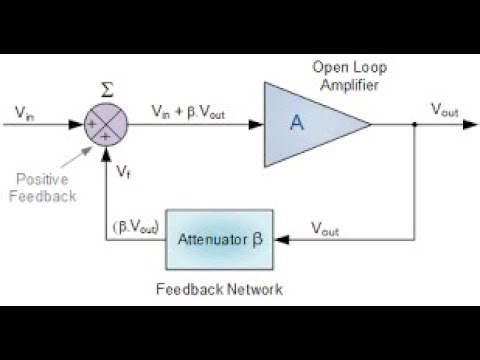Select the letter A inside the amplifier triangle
[296, 123]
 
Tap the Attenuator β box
[219, 239]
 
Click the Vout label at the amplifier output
[444, 110]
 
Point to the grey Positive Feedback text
[40, 187]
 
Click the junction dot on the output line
[415, 126]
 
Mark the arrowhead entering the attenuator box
[280, 240]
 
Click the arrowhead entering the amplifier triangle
[257, 126]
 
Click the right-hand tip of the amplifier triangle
[371, 126]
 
